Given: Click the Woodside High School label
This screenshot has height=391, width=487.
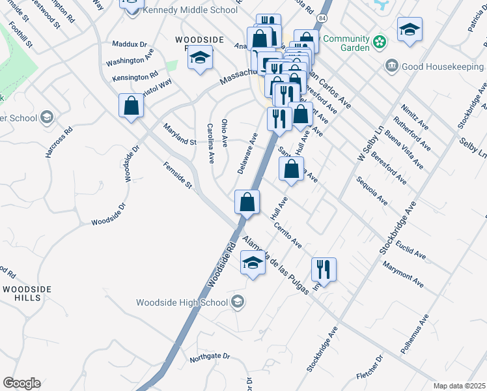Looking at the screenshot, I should [182, 302].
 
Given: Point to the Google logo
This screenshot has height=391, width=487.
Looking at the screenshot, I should [21, 383].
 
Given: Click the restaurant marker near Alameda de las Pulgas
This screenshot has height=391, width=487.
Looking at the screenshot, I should [324, 268].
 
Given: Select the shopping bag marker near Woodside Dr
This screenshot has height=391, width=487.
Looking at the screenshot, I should [131, 106].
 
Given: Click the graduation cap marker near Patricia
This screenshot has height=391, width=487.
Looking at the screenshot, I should [410, 29].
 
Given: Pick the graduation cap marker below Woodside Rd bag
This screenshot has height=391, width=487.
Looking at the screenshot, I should [253, 264].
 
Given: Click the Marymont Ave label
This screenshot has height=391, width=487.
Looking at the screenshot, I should [403, 275].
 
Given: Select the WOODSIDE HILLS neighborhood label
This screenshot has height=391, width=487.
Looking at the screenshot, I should [26, 293].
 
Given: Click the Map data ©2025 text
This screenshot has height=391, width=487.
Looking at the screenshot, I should [460, 386].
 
